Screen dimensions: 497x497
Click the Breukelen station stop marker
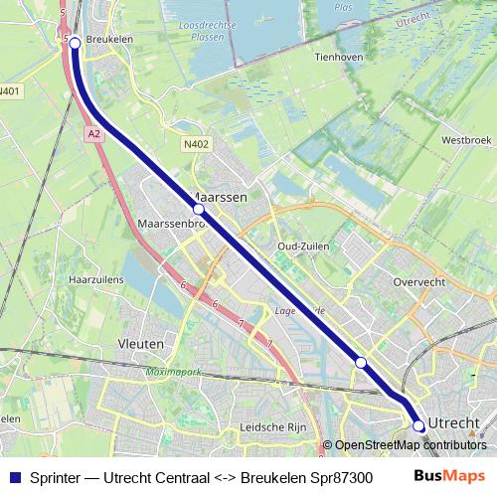click(75, 43)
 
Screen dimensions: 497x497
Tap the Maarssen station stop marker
click(198, 210)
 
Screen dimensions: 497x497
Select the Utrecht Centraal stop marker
click(418, 425)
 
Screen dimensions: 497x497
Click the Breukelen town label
click(109, 40)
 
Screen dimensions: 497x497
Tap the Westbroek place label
click(466, 140)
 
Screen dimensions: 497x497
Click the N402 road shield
click(197, 145)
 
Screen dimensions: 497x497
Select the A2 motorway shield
click(93, 131)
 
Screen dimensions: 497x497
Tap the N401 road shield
click(10, 91)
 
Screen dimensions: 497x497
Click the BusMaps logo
click(450, 477)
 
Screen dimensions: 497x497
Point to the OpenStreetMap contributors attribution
click(410, 445)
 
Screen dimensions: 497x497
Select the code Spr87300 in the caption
click(340, 478)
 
